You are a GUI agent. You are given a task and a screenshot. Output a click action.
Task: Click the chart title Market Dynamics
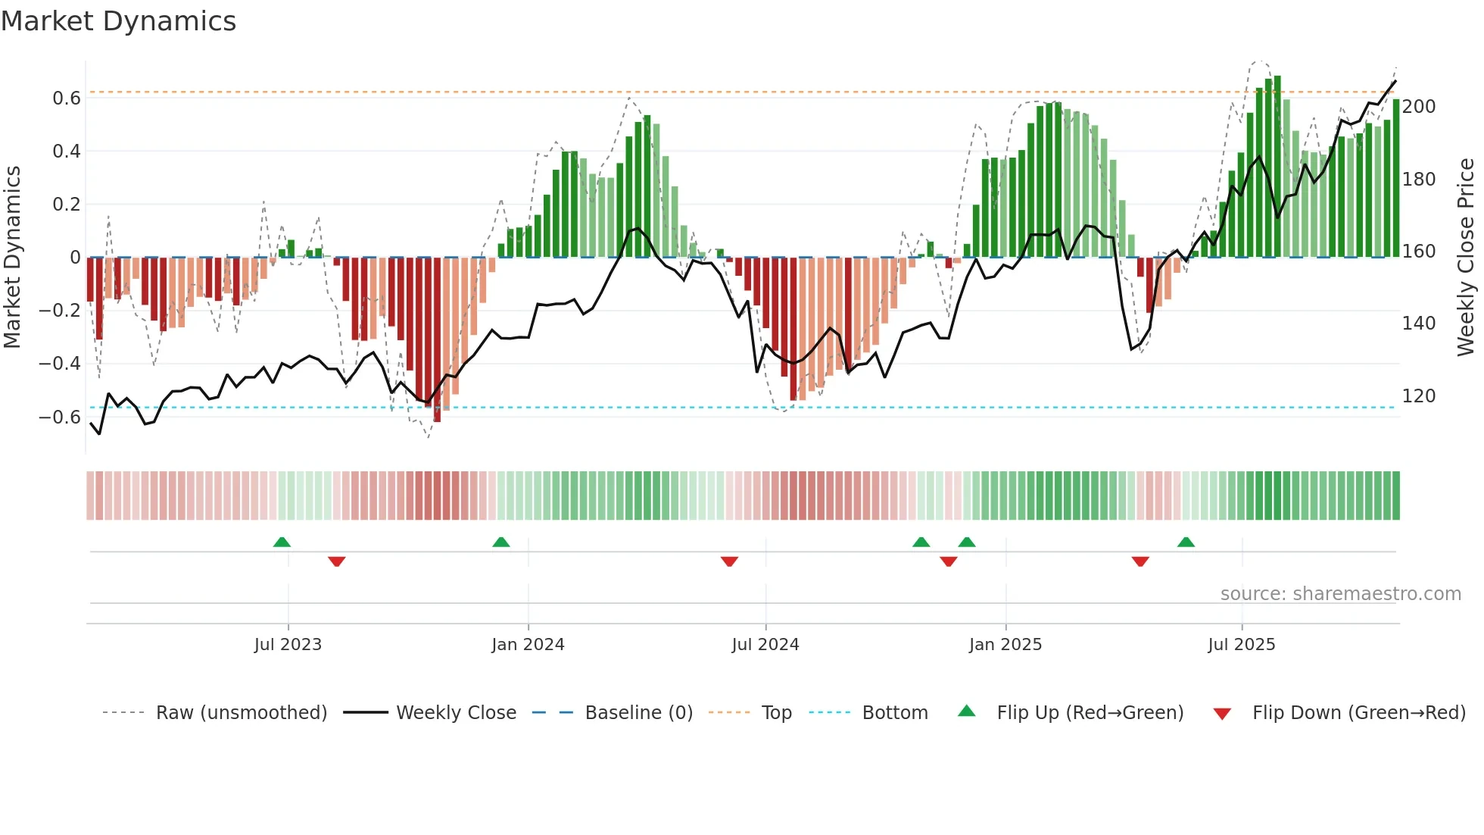point(118,21)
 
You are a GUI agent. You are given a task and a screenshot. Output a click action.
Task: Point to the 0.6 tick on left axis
point(67,99)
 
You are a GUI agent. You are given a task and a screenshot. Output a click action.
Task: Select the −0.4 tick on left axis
point(59,364)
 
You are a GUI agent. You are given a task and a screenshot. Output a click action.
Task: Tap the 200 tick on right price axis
point(1419,107)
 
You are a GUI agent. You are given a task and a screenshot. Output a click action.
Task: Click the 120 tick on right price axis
point(1419,396)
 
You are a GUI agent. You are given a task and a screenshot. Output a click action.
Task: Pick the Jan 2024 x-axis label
point(528,645)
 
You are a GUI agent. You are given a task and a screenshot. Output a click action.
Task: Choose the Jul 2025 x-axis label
point(1242,645)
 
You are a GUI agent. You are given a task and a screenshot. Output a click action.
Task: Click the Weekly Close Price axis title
point(1466,258)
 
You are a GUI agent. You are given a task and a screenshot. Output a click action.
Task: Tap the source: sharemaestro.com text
point(1341,594)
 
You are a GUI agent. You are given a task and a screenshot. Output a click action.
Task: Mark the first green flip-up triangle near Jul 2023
point(282,543)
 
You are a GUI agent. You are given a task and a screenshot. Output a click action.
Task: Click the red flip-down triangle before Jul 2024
point(729,561)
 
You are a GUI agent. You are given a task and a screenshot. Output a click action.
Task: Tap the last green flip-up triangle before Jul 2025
point(1186,543)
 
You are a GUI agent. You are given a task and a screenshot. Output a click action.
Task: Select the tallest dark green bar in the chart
point(1277,167)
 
